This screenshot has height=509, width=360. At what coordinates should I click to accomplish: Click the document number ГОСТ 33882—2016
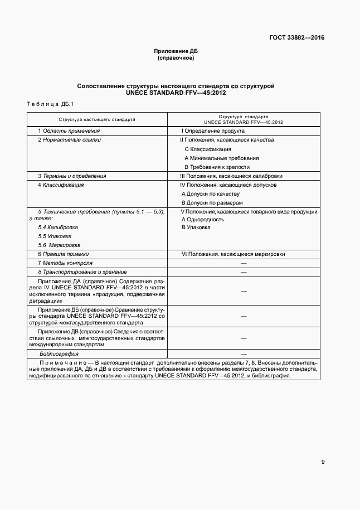[296, 38]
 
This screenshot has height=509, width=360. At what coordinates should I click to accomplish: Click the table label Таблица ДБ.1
[46, 104]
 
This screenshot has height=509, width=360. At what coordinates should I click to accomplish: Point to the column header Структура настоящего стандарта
[97, 119]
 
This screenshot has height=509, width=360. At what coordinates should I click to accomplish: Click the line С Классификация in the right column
[207, 149]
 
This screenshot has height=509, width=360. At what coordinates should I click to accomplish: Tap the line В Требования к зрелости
[217, 167]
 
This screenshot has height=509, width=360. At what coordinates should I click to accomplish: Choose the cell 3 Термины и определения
[72, 176]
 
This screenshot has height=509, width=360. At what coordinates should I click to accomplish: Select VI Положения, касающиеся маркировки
[233, 254]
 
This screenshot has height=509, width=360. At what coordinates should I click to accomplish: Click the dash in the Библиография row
[243, 354]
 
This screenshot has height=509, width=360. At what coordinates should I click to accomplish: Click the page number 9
[323, 461]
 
